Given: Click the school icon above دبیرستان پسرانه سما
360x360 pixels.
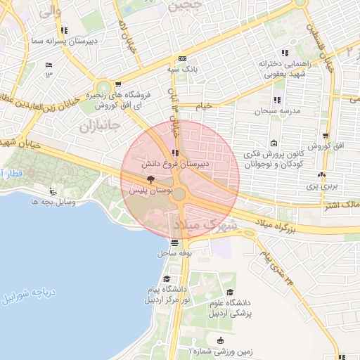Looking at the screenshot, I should coord(65,30).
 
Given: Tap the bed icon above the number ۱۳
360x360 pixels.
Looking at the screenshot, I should coord(49,65).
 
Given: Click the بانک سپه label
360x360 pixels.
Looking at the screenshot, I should coord(181,69).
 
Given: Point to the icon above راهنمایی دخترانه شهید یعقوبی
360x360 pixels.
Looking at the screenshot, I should coord(284,53).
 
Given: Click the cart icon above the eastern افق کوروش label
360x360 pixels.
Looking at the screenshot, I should coord(325,136).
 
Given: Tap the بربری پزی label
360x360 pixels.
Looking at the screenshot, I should coord(322,186).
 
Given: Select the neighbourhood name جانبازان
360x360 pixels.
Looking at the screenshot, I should coord(96,127).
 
